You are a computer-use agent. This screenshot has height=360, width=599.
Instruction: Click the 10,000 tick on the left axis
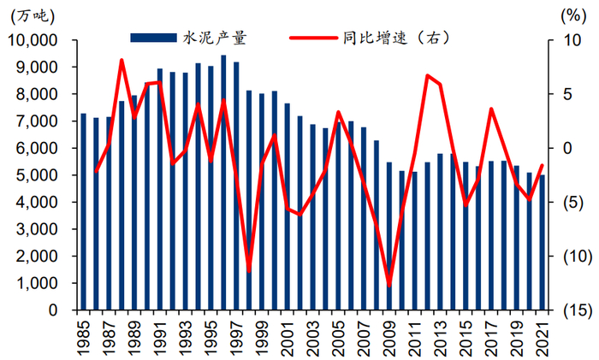33,40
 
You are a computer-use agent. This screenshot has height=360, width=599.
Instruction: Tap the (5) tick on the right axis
566,203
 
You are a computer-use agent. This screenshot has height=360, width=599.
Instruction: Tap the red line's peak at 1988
122,60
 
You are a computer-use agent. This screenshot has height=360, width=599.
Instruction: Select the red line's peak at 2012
427,76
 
